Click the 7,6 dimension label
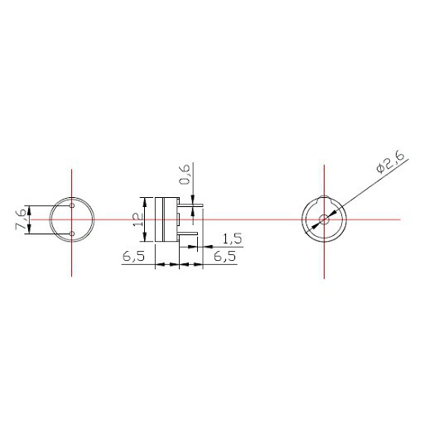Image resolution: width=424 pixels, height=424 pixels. [22, 219]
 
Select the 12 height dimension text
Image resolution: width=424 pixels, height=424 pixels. [138, 219]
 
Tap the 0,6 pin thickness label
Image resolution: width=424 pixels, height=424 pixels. [185, 174]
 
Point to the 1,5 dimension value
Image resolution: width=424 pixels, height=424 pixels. [232, 238]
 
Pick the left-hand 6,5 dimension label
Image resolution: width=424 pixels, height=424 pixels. [133, 257]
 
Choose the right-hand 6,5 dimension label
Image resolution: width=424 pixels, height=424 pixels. [225, 257]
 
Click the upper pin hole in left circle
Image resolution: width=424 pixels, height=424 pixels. [72, 205]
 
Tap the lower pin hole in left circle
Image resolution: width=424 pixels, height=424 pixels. [72, 234]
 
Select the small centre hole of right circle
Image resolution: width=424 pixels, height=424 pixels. [324, 219]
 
